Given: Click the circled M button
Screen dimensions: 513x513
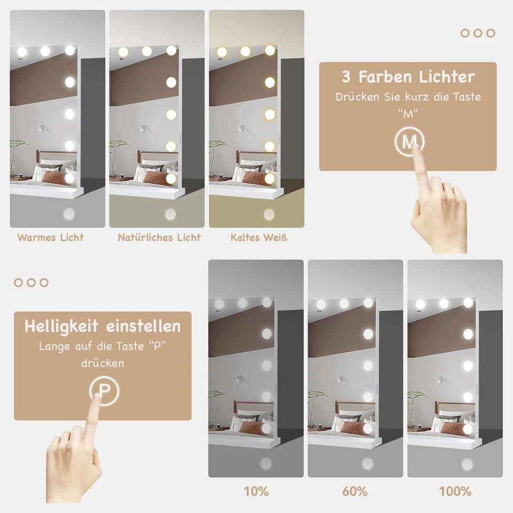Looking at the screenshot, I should pos(409,142).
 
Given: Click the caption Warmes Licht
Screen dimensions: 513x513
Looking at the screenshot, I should pos(50,237).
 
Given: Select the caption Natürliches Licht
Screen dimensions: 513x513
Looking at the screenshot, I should pos(159,237).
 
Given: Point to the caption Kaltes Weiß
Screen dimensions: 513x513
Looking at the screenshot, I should pos(259,237).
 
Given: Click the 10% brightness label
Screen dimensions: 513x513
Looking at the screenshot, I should pos(256,491).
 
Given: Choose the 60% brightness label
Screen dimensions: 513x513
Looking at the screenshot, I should pos(355,491).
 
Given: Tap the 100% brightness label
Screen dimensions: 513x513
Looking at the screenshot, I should pos(455,491).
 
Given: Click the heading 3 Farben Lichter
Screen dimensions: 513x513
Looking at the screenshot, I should pos(408,76).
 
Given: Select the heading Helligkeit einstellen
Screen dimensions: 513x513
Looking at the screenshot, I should pos(103,326).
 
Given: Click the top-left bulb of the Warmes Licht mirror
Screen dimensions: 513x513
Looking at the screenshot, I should pos(21,52).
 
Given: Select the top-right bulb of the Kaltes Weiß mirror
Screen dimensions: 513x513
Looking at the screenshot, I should pos(270,51).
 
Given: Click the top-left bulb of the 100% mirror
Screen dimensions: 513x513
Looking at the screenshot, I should pos(421,304).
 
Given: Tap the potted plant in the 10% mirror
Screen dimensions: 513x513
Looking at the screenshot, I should pos(216,402).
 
